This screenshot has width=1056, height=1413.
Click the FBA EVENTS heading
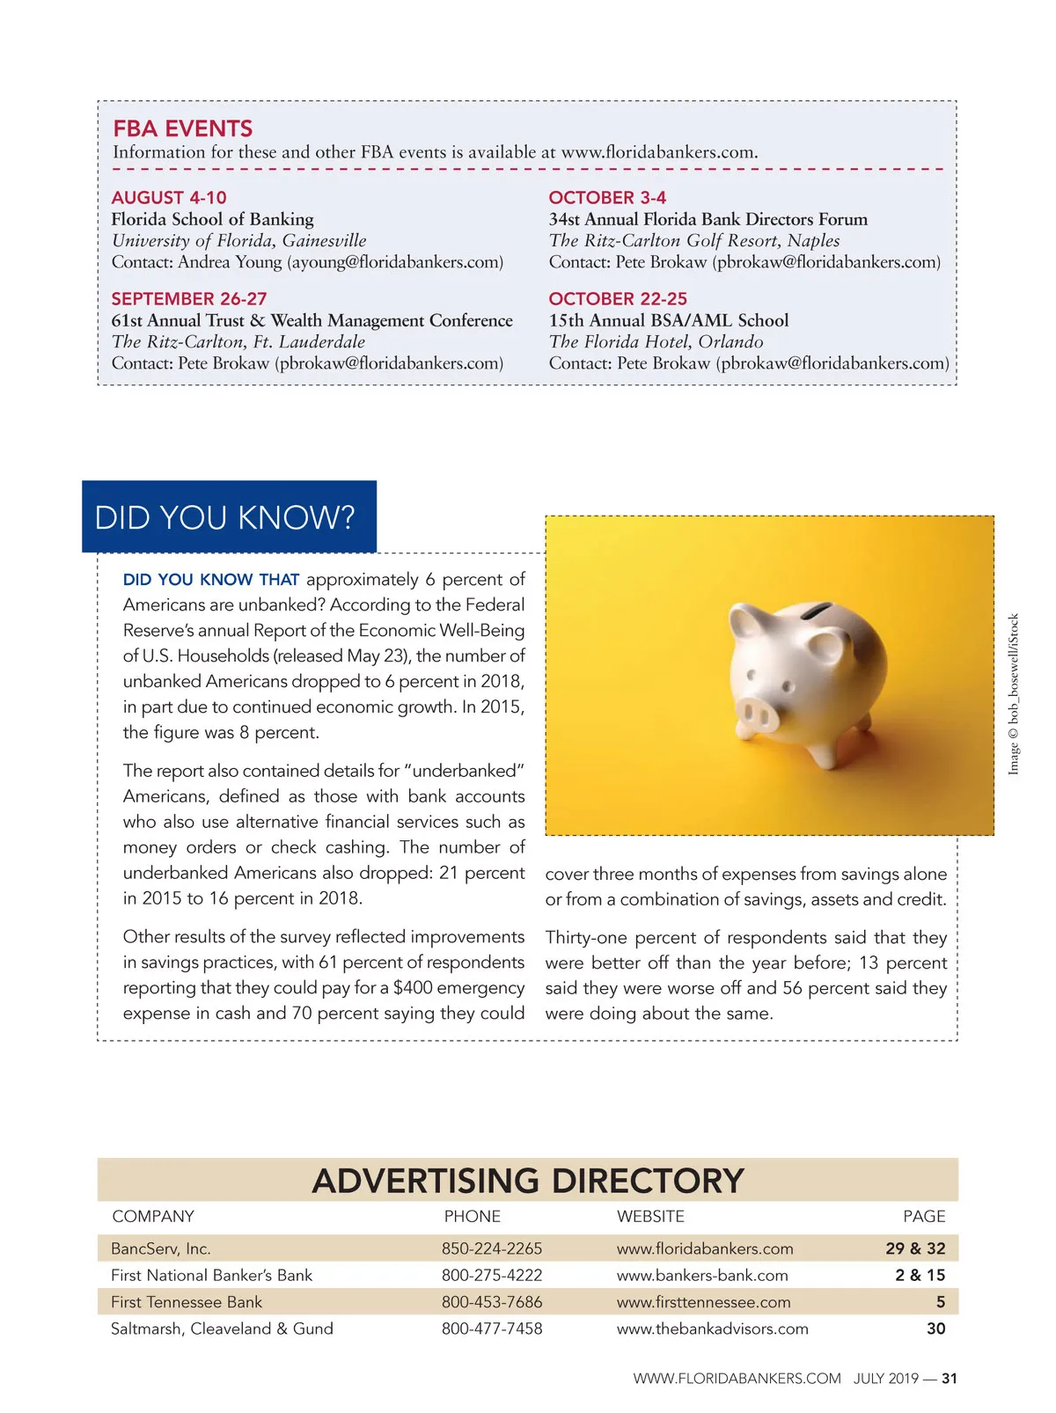point(182,128)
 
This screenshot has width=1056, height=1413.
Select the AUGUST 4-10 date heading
point(169,197)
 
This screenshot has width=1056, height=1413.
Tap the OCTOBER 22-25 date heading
point(618,298)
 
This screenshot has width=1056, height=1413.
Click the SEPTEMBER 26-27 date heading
point(189,298)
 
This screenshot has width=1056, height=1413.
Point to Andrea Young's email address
point(395,262)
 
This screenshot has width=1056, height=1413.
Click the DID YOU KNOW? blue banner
point(229,516)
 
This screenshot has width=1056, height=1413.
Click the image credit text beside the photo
point(1014,694)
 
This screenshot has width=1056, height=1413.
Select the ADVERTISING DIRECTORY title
point(528,1181)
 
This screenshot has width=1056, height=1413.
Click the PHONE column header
point(472,1216)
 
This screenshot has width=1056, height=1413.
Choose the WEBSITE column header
point(650,1216)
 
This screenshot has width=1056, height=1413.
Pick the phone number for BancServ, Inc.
point(492,1248)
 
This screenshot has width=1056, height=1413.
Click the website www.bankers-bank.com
point(702,1275)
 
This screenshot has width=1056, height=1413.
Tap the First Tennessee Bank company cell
point(187,1302)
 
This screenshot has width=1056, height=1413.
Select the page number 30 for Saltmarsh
point(935,1329)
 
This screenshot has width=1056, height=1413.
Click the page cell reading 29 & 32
point(915,1248)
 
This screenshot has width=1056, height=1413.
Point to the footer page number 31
point(950,1379)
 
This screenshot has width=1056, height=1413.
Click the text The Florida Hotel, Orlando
point(656,341)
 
